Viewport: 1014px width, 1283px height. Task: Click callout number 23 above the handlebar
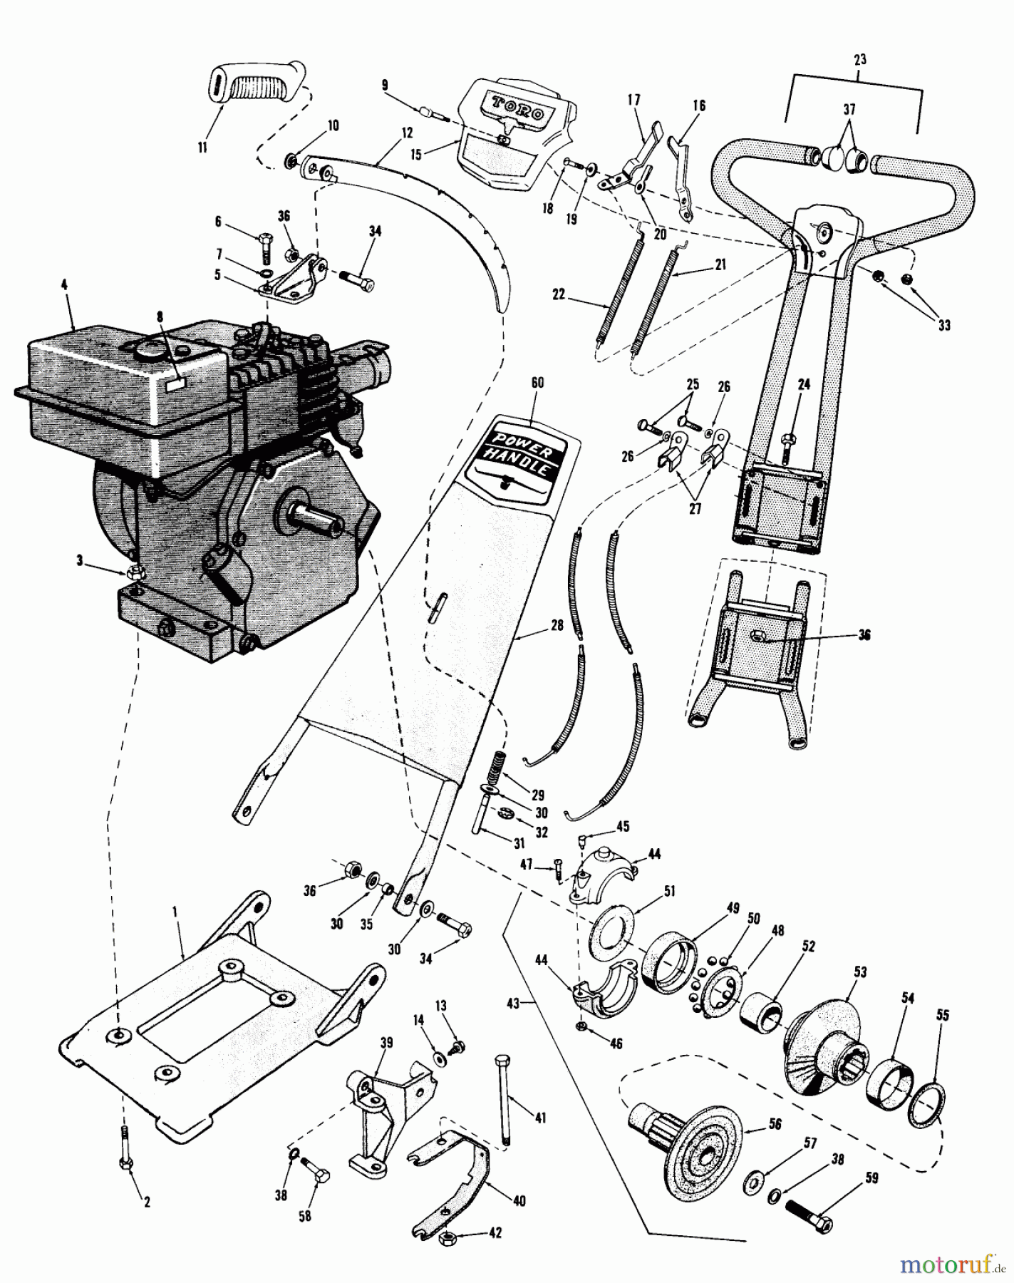coord(859,60)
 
